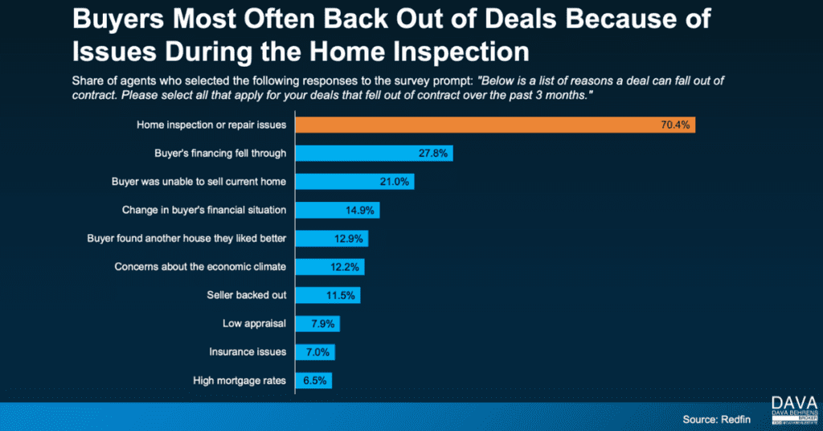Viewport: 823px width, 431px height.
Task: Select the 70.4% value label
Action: pyautogui.click(x=675, y=125)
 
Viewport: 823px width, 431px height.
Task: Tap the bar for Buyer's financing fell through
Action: pyautogui.click(x=375, y=153)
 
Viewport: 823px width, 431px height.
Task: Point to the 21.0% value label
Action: pyautogui.click(x=395, y=182)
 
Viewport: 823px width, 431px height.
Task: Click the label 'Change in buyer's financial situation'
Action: pyautogui.click(x=204, y=210)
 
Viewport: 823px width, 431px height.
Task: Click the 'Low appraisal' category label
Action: pyautogui.click(x=254, y=323)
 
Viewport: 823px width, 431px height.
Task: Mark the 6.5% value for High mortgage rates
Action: pyautogui.click(x=313, y=380)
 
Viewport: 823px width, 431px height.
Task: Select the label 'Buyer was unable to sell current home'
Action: pyautogui.click(x=199, y=182)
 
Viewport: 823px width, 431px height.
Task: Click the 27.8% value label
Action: pyautogui.click(x=435, y=153)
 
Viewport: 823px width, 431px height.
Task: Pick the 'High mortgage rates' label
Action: pyautogui.click(x=240, y=380)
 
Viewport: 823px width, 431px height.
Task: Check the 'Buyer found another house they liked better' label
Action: pyautogui.click(x=186, y=238)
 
